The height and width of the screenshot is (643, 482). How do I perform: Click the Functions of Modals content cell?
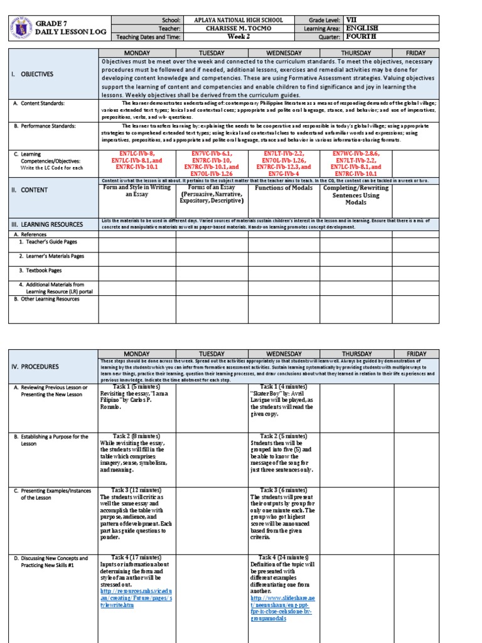pos(284,188)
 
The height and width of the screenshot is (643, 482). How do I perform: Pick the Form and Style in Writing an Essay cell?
pos(137,191)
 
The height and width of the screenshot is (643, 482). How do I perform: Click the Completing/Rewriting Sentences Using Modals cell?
pos(356,195)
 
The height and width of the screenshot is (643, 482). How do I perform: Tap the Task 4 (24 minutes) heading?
pos(284,558)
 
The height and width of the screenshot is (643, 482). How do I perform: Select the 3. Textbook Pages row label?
pos(40,271)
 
